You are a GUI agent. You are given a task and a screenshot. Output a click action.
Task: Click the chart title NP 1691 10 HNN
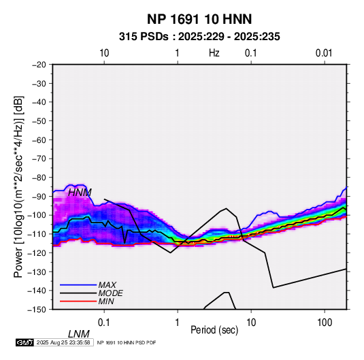199,19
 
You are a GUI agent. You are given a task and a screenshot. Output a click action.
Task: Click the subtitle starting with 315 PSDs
199,37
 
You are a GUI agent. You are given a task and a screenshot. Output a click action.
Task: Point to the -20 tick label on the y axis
39,65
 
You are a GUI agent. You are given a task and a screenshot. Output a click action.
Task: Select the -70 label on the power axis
39,159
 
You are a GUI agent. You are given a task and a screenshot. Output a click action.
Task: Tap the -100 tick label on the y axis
37,215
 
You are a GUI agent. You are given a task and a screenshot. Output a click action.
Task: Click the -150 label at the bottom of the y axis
37,310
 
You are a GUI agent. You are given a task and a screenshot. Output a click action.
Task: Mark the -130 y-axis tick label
37,272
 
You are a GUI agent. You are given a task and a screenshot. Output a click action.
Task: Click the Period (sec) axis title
214,330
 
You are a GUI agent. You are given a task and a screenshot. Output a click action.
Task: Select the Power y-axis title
18,186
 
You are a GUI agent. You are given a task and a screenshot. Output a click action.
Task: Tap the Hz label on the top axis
214,53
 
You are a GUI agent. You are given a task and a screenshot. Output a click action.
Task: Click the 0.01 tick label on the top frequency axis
324,53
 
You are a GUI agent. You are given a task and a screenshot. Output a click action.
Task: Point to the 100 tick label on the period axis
325,323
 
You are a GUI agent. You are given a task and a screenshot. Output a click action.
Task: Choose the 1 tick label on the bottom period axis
178,323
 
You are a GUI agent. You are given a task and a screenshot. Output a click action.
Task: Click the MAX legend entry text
107,284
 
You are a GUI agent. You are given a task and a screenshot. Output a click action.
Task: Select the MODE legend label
110,293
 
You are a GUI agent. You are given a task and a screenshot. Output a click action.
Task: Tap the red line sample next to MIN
78,301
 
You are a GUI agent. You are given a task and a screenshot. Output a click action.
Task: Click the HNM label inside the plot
80,193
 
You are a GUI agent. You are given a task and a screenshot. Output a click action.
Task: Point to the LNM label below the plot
79,334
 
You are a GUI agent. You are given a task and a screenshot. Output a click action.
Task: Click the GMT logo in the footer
25,342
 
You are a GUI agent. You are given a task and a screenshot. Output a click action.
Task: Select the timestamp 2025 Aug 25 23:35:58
63,342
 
